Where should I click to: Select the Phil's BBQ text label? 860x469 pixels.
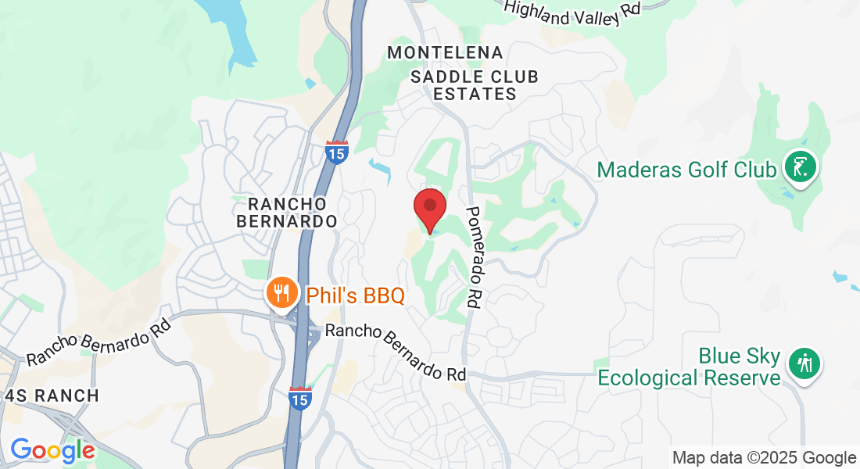(356, 295)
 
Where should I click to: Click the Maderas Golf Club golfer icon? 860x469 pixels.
(801, 167)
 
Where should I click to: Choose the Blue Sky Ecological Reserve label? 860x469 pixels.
(690, 367)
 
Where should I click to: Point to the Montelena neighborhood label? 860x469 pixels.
(446, 52)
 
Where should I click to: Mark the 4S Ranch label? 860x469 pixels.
(52, 396)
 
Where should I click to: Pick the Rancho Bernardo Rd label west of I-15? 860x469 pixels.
(99, 341)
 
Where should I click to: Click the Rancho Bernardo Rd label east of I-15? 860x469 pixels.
(396, 353)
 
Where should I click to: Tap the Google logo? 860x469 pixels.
(52, 450)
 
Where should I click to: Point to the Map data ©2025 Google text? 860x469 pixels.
(765, 458)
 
